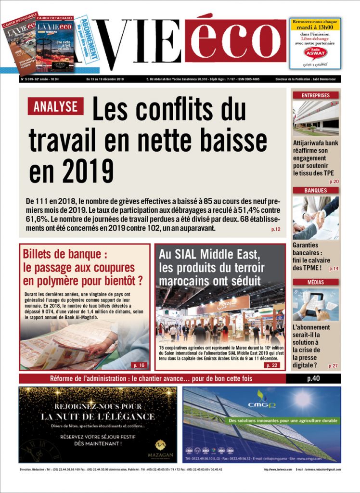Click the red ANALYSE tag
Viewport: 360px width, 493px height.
tap(55, 106)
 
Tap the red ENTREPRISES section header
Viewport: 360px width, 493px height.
tap(315, 95)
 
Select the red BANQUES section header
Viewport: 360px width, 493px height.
tap(315, 190)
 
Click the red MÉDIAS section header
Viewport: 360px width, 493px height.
tap(315, 282)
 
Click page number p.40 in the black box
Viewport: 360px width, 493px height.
tap(313, 378)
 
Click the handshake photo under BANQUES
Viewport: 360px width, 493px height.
tap(315, 218)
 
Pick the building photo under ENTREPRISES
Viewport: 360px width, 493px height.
tap(315, 118)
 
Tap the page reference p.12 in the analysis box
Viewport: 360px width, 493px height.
tap(276, 229)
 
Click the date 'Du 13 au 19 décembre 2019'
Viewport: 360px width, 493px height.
tap(105, 79)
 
